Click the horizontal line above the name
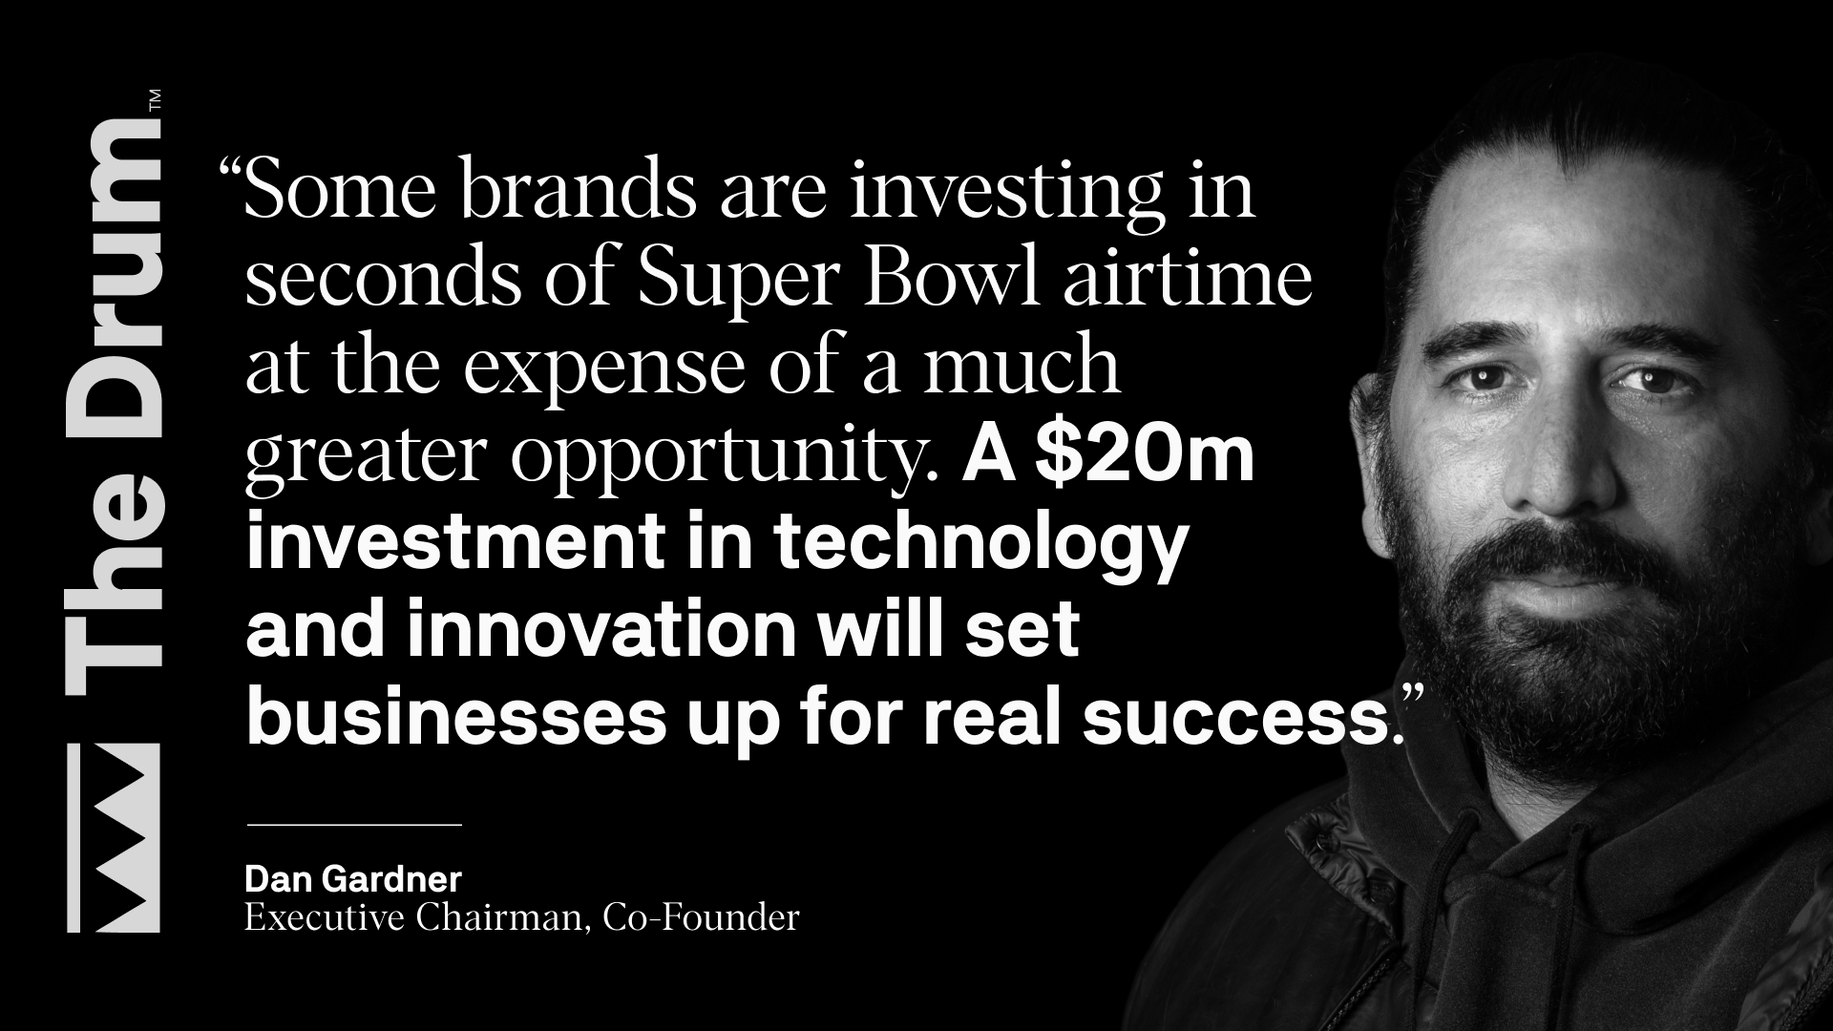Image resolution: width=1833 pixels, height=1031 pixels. coord(354,824)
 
